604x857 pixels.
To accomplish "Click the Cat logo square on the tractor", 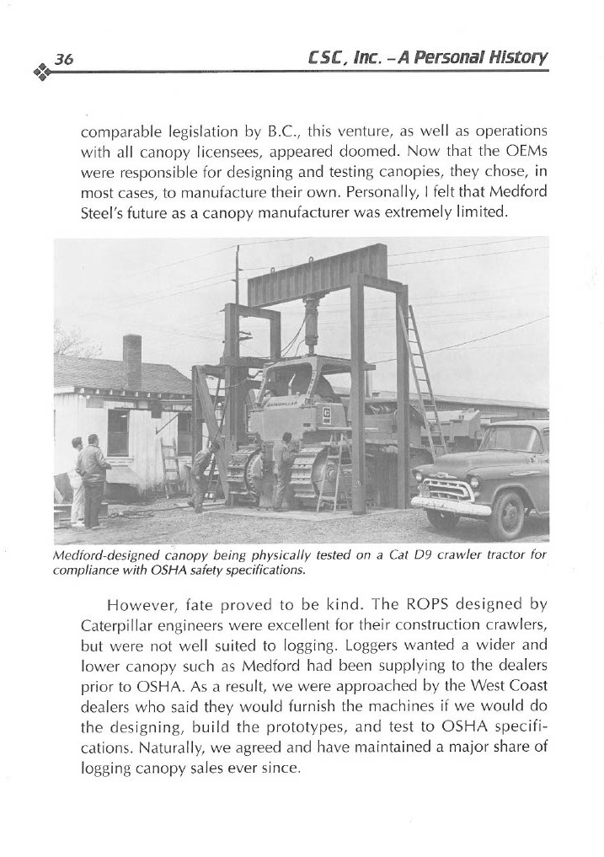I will [326, 413].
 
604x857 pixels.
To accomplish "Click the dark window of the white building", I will [118, 431].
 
